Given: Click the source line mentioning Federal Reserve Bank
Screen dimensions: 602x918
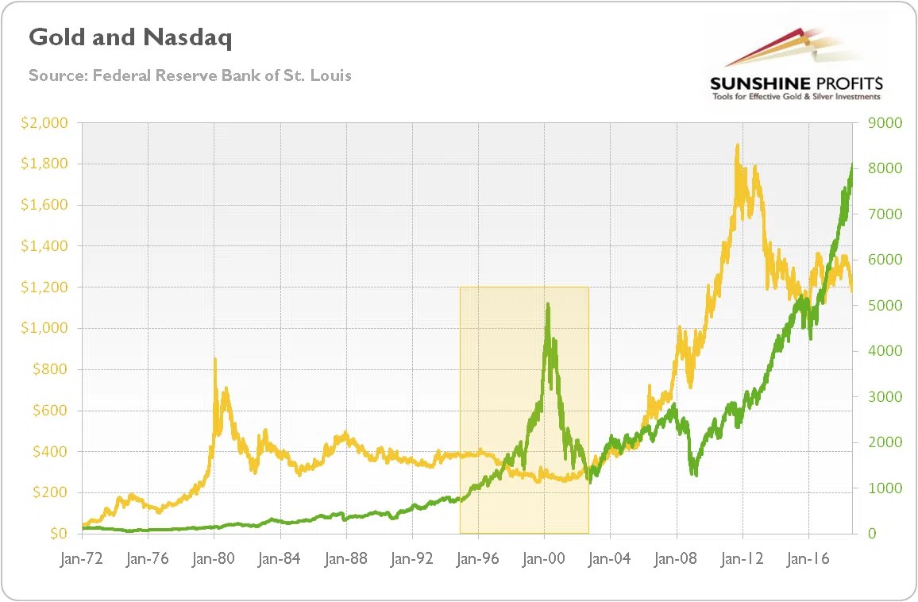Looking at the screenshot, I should click(x=190, y=75).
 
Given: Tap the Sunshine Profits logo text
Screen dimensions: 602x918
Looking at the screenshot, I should click(x=796, y=83).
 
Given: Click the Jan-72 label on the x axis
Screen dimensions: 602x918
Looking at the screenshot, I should click(x=82, y=559).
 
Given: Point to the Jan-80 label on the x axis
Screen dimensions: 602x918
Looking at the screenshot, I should click(x=214, y=559).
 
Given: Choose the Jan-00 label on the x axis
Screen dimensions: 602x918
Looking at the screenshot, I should click(x=544, y=559).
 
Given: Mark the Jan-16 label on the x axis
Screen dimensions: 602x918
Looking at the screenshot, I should click(x=808, y=559).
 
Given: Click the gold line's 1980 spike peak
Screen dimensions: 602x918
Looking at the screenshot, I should click(x=215, y=360).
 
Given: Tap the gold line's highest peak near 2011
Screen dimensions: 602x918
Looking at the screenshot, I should click(x=738, y=145).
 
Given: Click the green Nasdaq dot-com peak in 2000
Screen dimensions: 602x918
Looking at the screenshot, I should click(x=548, y=303).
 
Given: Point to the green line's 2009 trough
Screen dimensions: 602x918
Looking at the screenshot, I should click(x=695, y=474).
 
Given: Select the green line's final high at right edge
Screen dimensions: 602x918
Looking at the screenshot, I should click(x=852, y=165).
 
